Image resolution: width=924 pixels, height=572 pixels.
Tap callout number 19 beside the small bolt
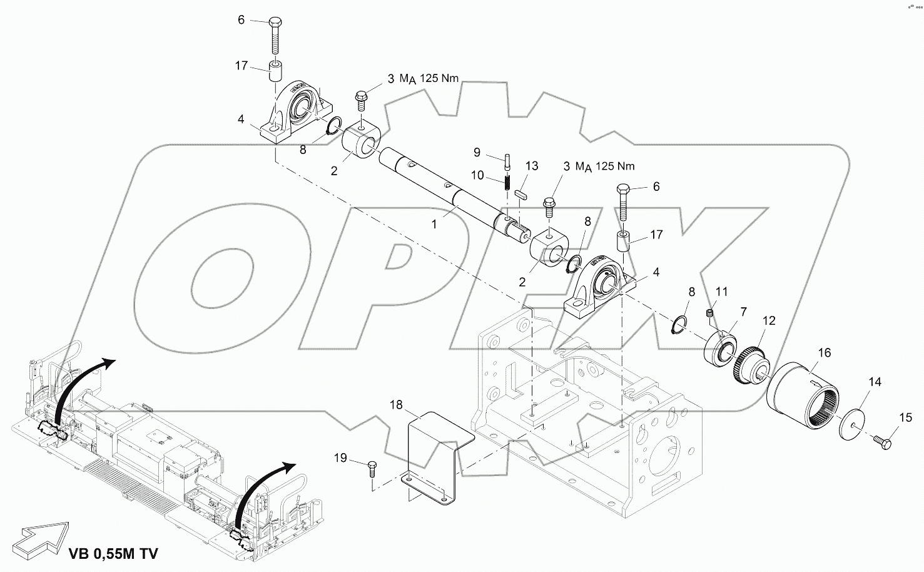pyautogui.click(x=340, y=458)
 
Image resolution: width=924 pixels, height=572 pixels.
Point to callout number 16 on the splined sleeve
pyautogui.click(x=825, y=353)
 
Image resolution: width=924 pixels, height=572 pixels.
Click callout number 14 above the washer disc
pyautogui.click(x=875, y=382)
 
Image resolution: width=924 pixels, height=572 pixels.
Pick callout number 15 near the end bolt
pyautogui.click(x=906, y=417)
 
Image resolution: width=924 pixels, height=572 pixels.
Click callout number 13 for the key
pyautogui.click(x=532, y=166)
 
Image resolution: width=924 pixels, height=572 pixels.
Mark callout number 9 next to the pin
pyautogui.click(x=477, y=152)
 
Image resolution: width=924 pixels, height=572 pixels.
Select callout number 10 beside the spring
pyautogui.click(x=477, y=176)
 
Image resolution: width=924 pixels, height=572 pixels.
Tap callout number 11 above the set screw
pyautogui.click(x=722, y=291)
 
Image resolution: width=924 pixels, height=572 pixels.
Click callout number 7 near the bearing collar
pyautogui.click(x=743, y=311)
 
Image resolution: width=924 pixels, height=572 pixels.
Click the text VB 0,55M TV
pyautogui.click(x=113, y=553)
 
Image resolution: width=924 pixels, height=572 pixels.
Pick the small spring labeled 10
pyautogui.click(x=507, y=183)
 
